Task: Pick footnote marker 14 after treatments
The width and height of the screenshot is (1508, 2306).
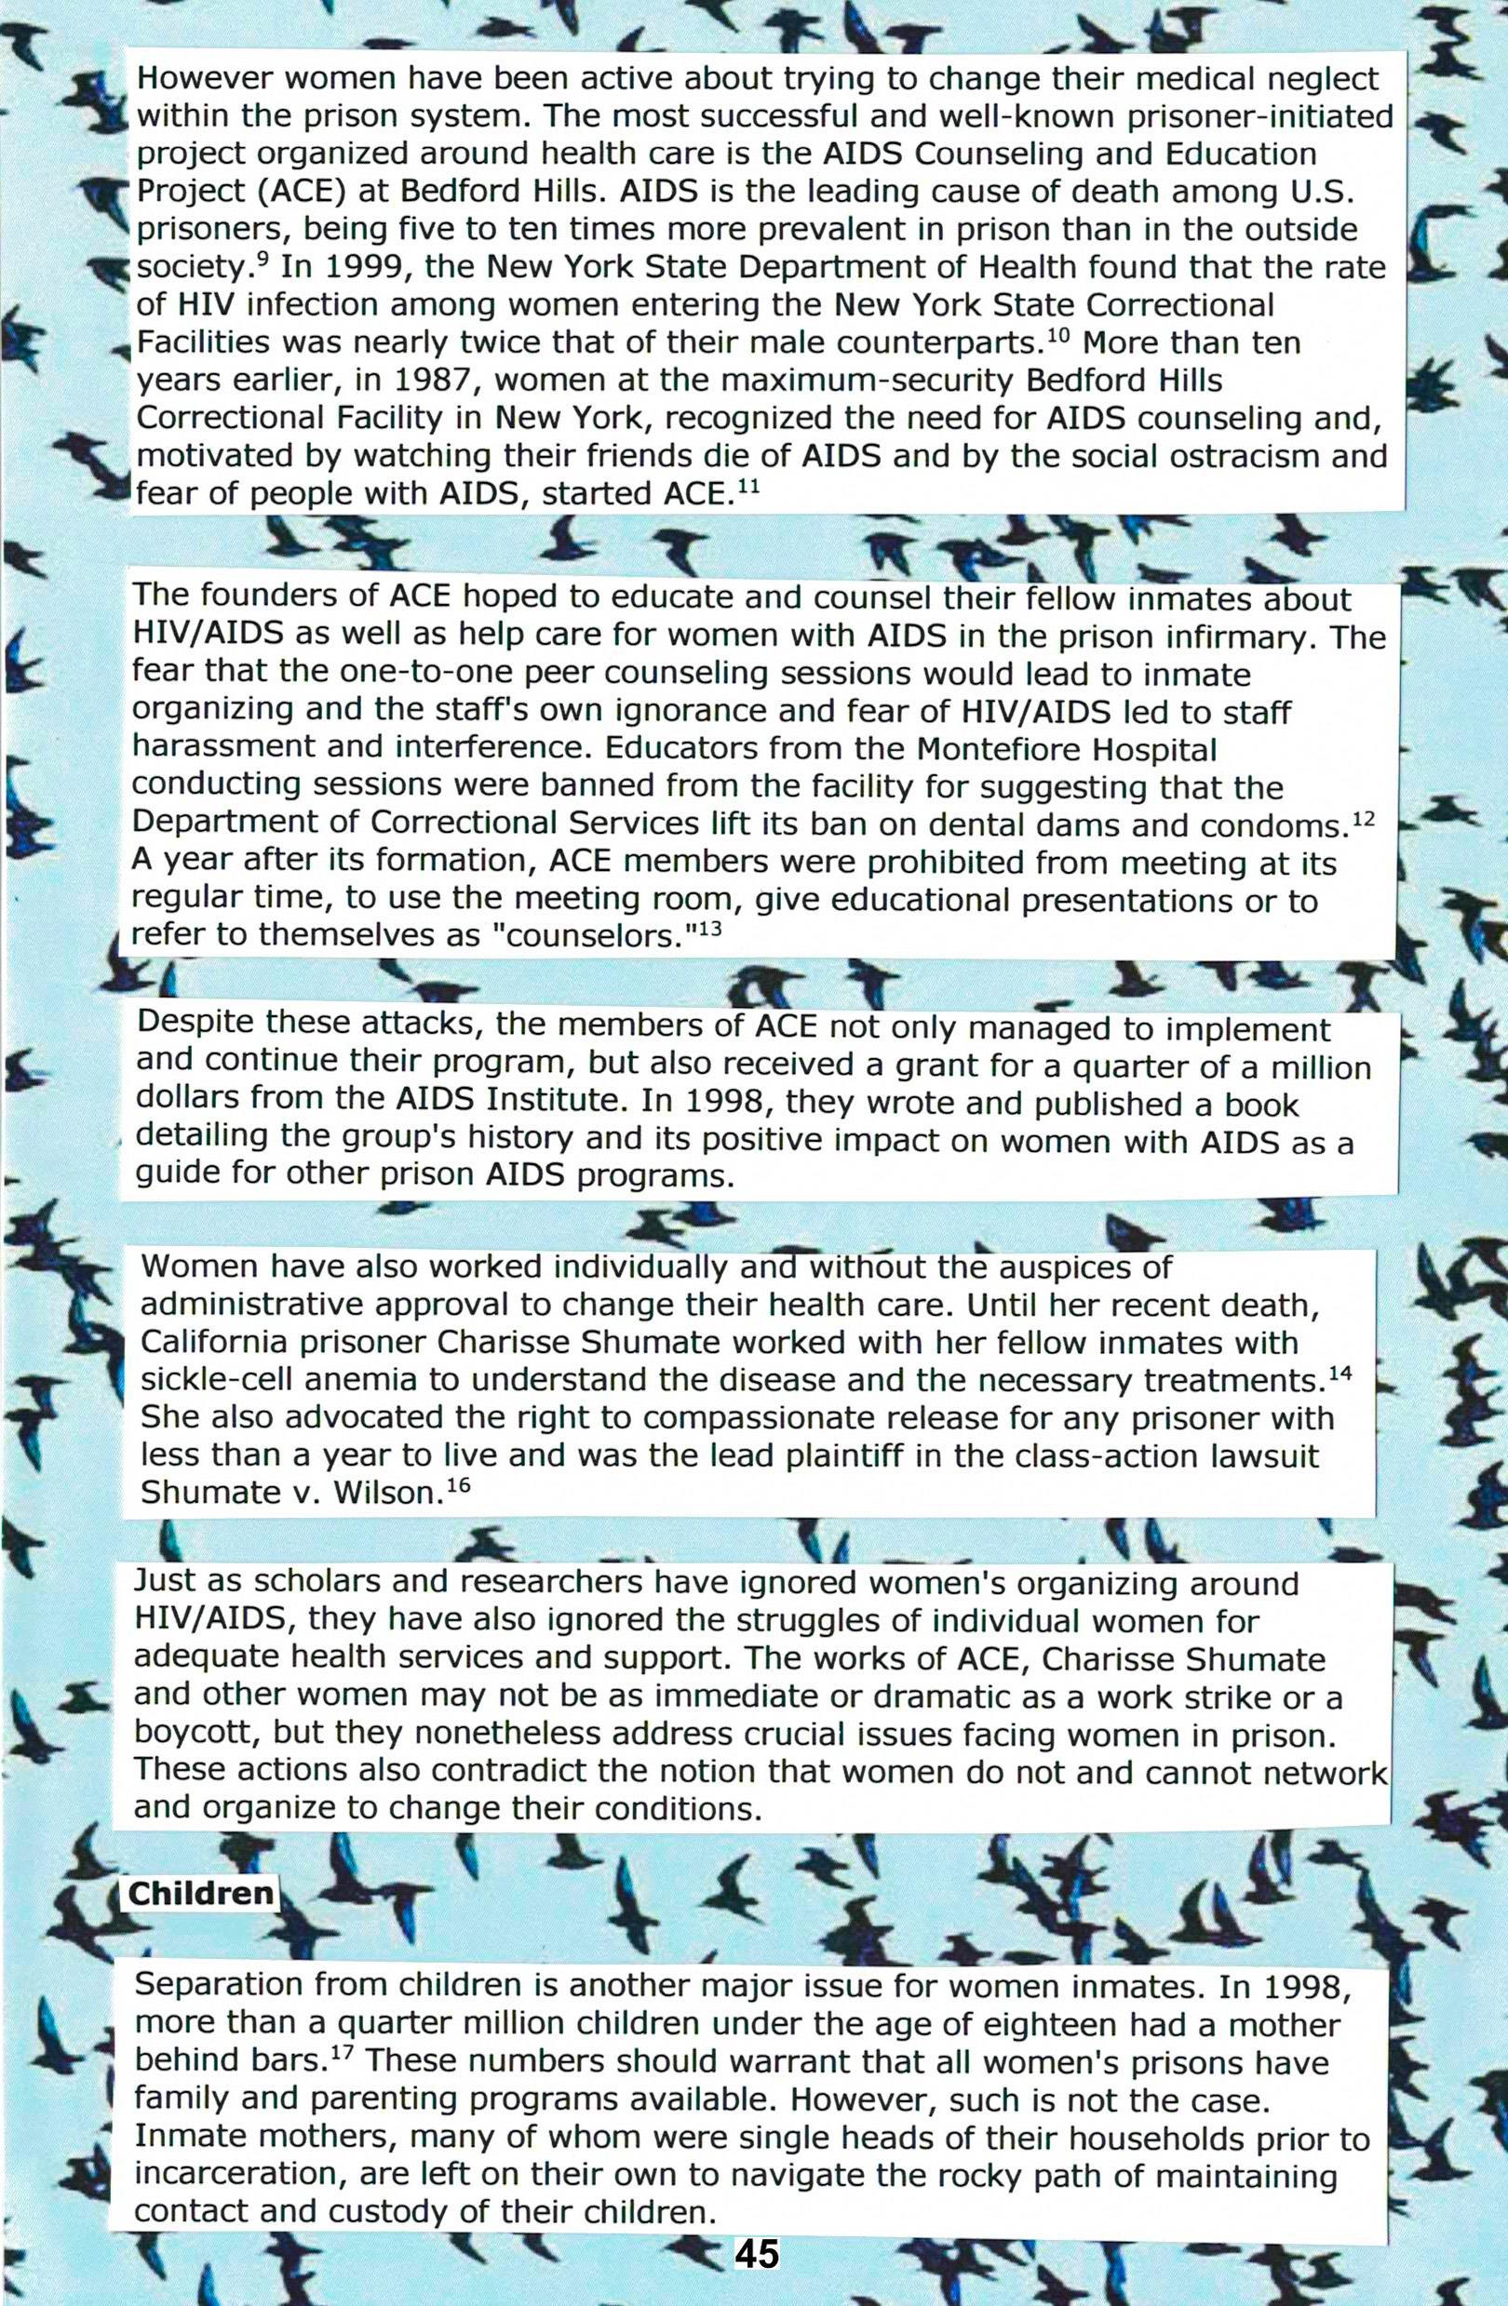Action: pos(1340,1373)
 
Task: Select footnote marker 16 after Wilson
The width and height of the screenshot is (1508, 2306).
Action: pos(458,1485)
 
